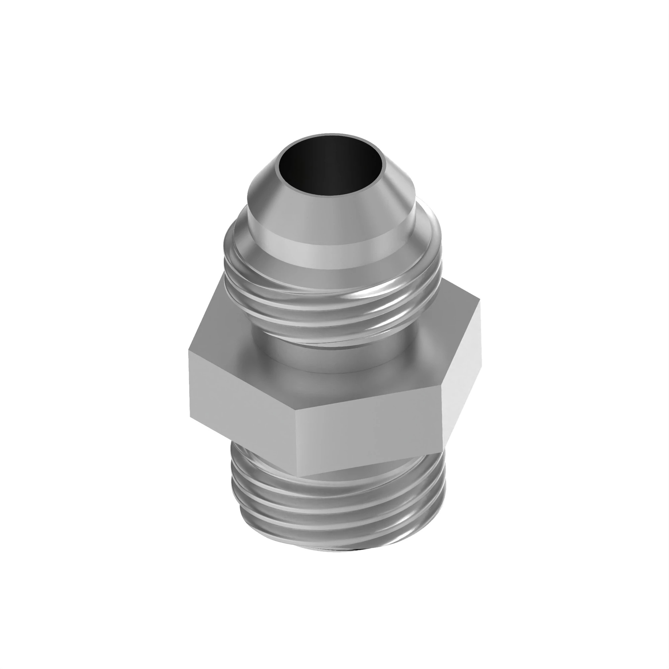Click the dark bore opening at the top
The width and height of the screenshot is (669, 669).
(331, 165)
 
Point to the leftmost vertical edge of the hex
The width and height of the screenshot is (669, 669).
(189, 384)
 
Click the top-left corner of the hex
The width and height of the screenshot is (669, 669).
(189, 351)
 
